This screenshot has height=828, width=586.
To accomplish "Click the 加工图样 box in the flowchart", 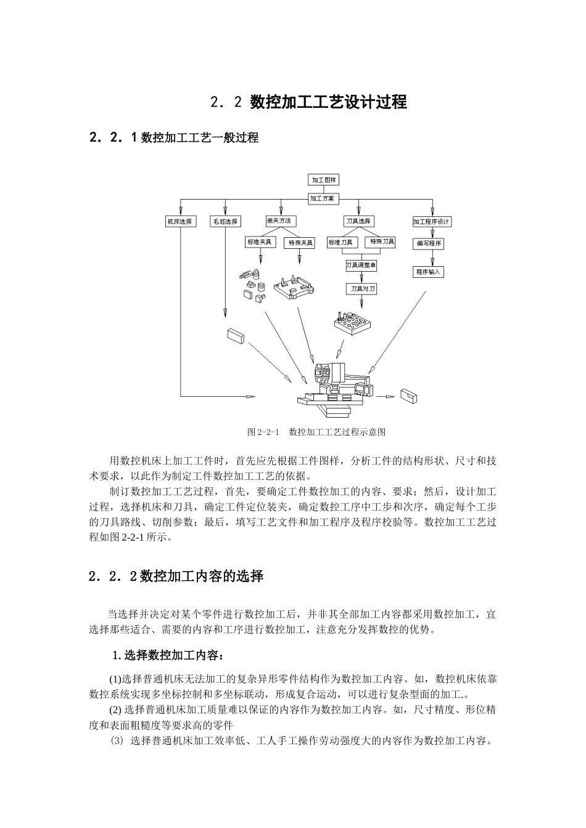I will tap(324, 180).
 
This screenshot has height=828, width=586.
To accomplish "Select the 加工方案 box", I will tap(322, 199).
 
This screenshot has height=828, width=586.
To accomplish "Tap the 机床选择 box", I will tap(180, 221).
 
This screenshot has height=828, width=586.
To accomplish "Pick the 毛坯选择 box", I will tap(225, 221).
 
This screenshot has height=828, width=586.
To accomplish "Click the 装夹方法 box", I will tap(279, 221).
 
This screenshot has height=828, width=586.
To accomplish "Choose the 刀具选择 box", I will tap(358, 221).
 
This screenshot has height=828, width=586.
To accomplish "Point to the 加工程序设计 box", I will tap(432, 221).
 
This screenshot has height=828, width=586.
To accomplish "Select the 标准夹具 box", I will tap(260, 242).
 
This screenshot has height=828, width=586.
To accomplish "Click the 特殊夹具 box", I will tap(299, 243).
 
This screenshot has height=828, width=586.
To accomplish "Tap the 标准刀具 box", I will tap(341, 243).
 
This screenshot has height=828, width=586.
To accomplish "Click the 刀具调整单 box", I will tap(361, 265).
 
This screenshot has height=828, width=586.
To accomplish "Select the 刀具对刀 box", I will tap(360, 288).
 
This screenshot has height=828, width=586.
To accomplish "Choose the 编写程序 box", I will tap(429, 243).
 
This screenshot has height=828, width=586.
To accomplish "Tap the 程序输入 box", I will tap(429, 271).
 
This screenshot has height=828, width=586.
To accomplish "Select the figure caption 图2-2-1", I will tap(316, 432).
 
